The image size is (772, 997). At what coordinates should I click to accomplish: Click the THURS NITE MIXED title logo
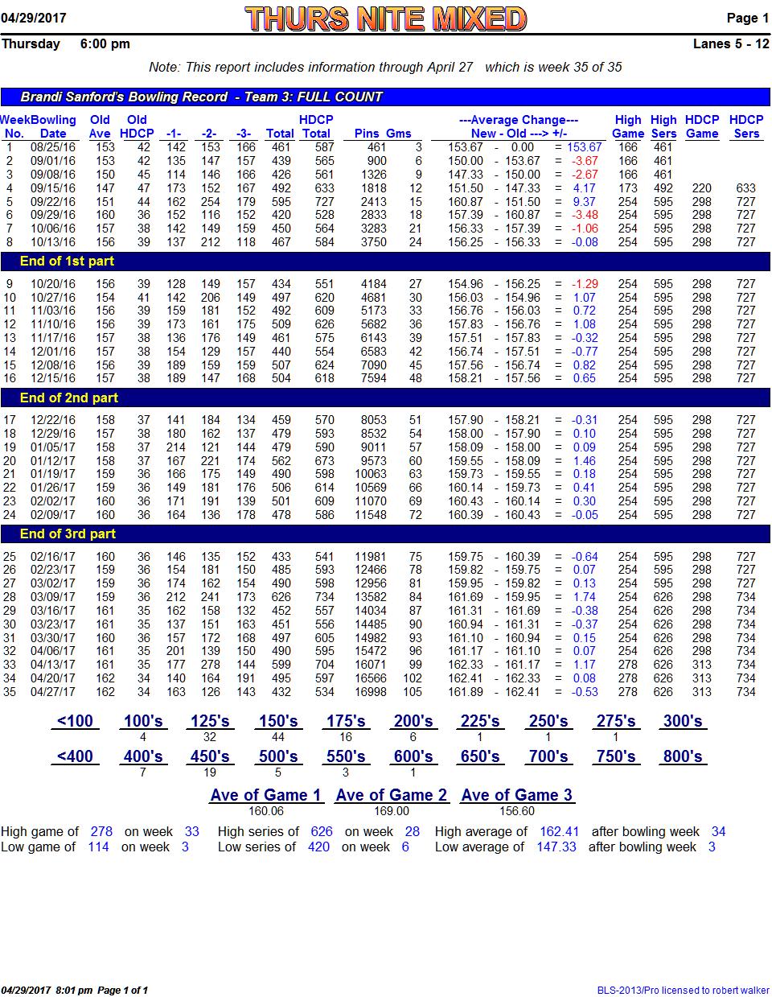pos(385,19)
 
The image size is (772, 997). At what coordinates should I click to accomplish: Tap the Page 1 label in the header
pos(748,18)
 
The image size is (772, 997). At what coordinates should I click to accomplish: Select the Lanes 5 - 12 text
pos(731,43)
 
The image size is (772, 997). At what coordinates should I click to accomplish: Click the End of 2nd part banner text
pos(69,398)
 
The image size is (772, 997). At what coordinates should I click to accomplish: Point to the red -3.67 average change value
pos(585,161)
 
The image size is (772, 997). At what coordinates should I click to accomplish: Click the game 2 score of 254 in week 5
pos(211,202)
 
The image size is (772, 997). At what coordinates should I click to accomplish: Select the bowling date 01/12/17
pos(53,460)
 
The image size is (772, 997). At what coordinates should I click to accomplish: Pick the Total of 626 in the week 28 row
pos(281,597)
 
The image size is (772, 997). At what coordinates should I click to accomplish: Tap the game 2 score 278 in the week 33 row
pos(211,665)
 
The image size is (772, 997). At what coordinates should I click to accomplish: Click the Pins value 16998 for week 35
pos(371,692)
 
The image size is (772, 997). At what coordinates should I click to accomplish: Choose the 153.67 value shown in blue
pos(584,147)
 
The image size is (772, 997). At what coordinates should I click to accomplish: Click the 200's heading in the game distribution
pos(413,721)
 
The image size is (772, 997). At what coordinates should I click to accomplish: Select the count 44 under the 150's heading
pos(277,737)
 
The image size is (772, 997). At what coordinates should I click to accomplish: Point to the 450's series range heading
pos(210,756)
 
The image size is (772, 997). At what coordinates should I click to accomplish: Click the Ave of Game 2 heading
pos(391,795)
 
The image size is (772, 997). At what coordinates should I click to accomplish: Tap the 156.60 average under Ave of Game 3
pos(516,811)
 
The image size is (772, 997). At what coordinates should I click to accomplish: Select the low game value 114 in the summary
pos(98,847)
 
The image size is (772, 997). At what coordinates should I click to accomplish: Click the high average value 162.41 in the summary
pos(559,832)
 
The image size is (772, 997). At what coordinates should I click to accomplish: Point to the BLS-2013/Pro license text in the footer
pos(683,991)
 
